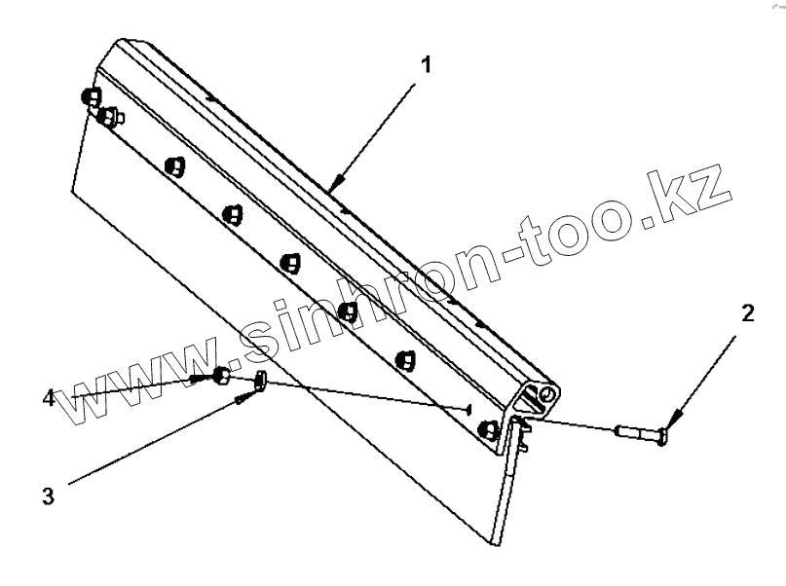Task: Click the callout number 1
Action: (x=425, y=66)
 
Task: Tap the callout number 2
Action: (x=747, y=313)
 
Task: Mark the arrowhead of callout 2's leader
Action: (x=670, y=424)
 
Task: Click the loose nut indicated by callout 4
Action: (x=220, y=375)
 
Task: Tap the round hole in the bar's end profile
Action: (x=550, y=394)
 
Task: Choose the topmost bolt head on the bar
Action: (x=90, y=96)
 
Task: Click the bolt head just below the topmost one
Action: (x=107, y=117)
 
